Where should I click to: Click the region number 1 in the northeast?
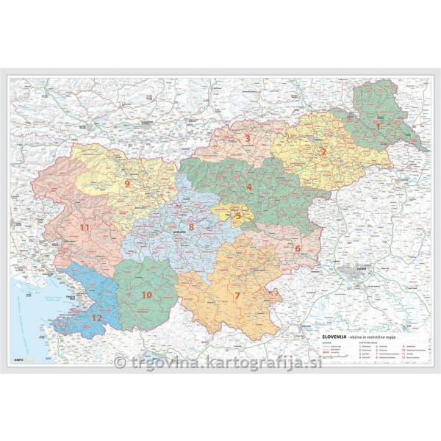point(379,126)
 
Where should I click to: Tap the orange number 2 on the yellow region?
point(323,152)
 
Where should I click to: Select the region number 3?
point(248,137)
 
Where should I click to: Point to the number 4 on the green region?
point(249,187)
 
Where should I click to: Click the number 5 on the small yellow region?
point(237,216)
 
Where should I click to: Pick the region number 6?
point(298,248)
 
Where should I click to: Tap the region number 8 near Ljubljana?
point(191,228)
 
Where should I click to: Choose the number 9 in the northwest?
point(126,184)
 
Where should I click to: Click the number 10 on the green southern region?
point(146,295)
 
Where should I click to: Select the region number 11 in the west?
point(85,228)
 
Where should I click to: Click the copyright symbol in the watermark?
point(121,362)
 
